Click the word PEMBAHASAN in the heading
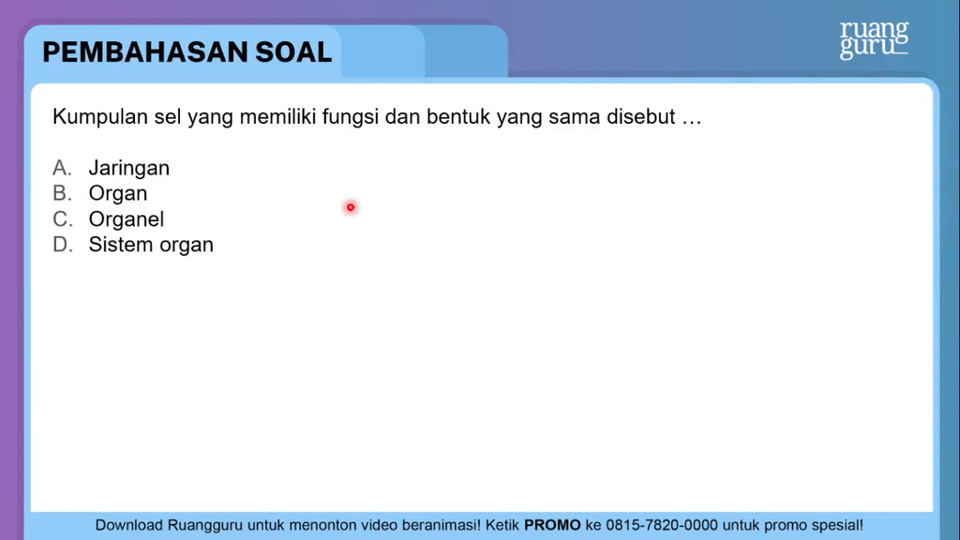(145, 52)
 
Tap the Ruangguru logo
(874, 39)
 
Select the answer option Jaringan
(129, 168)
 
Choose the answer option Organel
(127, 218)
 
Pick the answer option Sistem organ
(151, 245)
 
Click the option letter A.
(62, 167)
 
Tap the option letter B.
(62, 193)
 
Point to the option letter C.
(63, 218)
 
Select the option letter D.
(63, 245)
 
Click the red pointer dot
(351, 207)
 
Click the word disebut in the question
(641, 116)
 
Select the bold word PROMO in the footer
(552, 525)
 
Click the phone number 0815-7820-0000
(662, 525)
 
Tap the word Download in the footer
(128, 525)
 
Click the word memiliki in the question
(277, 116)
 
